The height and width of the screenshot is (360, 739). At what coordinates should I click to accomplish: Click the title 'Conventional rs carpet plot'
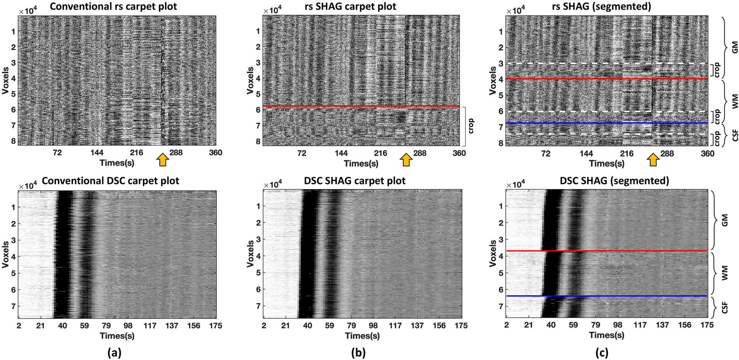(113, 7)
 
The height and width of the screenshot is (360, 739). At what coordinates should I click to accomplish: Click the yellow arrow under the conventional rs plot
(163, 160)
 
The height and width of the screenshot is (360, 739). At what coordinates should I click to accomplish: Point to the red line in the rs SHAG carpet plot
(361, 106)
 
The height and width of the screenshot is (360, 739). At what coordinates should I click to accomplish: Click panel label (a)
(114, 353)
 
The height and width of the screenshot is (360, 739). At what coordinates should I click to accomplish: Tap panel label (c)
(602, 353)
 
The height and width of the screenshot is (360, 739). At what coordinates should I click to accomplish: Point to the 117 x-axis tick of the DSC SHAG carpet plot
(395, 326)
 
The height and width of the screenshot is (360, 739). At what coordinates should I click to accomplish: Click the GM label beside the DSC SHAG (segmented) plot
(725, 222)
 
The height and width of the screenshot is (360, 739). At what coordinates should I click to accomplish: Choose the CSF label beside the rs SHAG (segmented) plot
(725, 137)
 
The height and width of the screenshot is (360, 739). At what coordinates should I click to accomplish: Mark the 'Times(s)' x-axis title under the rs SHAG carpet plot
(361, 163)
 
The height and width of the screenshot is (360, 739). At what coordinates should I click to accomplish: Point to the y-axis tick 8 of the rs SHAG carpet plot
(258, 141)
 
